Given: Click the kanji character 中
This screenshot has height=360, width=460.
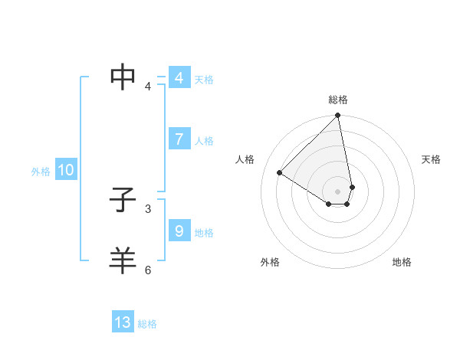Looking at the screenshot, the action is click(x=123, y=76).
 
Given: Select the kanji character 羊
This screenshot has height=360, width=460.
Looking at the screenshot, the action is click(x=123, y=260).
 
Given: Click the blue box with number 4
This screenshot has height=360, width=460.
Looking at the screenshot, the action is click(x=179, y=78).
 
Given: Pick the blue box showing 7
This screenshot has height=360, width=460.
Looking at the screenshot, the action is click(x=179, y=139).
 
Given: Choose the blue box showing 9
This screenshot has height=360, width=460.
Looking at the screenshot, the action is click(x=179, y=231).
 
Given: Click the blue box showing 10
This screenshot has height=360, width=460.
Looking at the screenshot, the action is click(x=65, y=171).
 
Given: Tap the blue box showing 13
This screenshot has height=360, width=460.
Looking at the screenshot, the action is click(x=123, y=322).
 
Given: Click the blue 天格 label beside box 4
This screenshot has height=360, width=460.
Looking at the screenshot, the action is click(x=204, y=80).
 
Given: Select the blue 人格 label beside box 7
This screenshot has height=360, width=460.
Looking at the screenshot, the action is click(x=204, y=141).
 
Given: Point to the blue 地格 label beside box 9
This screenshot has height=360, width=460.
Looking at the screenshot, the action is click(x=204, y=233).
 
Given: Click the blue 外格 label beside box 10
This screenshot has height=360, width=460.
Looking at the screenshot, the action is click(x=41, y=172).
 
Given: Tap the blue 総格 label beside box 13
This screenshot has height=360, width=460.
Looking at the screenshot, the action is click(x=147, y=324).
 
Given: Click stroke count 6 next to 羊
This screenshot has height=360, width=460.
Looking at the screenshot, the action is click(x=148, y=270).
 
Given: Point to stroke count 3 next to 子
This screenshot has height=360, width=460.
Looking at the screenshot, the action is click(x=148, y=208).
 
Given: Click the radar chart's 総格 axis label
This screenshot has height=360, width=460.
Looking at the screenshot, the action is click(x=338, y=100).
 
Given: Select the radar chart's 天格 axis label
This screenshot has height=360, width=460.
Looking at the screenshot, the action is click(x=432, y=159).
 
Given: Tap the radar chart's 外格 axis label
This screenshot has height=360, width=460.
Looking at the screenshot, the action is click(x=270, y=262).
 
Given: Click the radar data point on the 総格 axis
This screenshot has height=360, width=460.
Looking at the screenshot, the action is click(x=338, y=116).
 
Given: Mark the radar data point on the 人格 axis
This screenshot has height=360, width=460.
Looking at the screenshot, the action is click(x=280, y=172).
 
